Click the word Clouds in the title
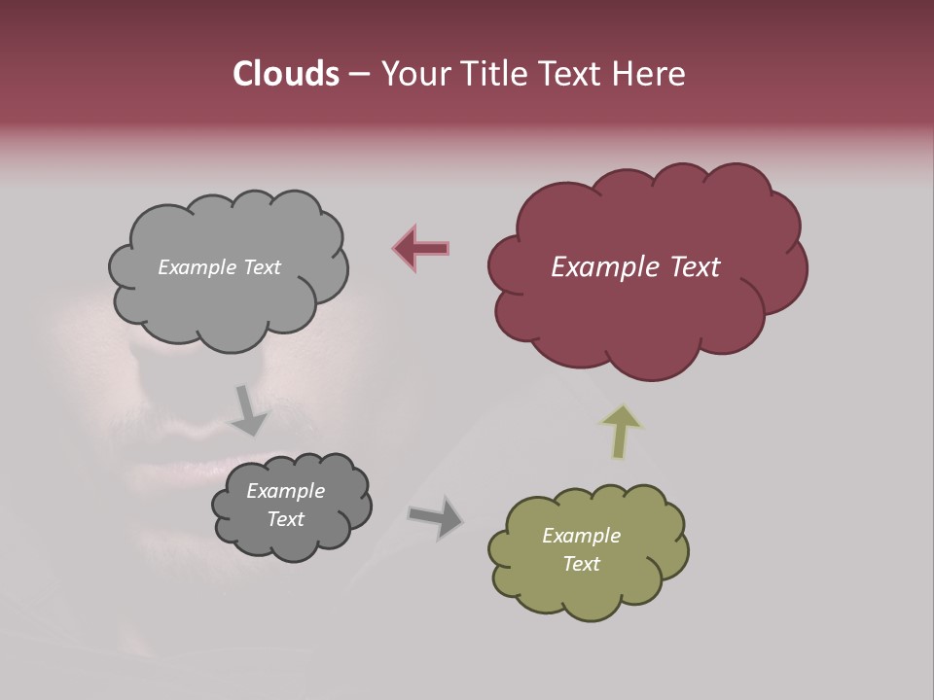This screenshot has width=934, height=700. [x=285, y=74]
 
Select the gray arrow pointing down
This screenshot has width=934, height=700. [x=249, y=409]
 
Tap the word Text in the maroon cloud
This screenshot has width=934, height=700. [x=694, y=266]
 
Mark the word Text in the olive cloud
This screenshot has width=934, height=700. [x=581, y=564]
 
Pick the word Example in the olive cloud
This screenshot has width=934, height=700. [x=581, y=536]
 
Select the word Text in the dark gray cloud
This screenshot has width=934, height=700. [x=285, y=519]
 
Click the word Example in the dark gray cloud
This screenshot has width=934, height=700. [x=285, y=491]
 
